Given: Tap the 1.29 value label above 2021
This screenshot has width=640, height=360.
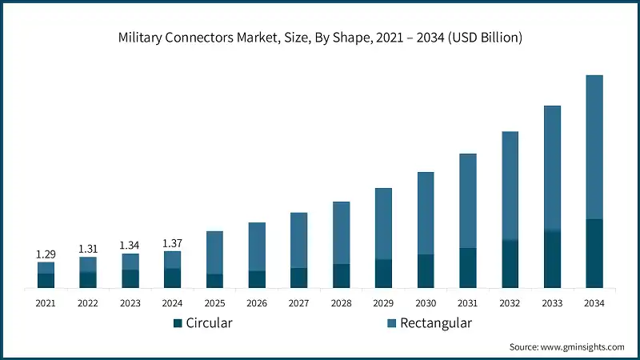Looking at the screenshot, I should click(46, 254).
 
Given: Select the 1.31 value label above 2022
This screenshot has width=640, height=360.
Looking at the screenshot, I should click(88, 249).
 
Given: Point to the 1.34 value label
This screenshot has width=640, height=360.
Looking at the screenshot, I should click(130, 245).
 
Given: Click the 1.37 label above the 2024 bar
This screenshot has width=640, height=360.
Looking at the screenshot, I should click(172, 242).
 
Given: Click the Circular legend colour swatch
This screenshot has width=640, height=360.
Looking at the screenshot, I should click(178, 323).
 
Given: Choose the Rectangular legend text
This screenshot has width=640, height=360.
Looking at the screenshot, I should click(436, 323).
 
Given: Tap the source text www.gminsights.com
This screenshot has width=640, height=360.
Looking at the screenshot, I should click(566, 346).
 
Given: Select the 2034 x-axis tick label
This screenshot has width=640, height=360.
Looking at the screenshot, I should click(594, 303).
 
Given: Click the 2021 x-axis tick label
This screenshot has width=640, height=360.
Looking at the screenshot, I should click(46, 303).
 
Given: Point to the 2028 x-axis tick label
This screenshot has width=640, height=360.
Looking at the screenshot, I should click(341, 303).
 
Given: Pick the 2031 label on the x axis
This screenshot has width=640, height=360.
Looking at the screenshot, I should click(467, 303).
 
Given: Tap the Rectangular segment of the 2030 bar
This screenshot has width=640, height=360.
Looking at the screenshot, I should click(426, 213).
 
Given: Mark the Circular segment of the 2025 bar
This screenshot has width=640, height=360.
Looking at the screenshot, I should click(214, 281).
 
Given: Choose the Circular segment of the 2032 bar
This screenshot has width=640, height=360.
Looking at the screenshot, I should click(510, 264).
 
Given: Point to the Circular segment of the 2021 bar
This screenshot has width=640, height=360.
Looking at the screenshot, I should click(46, 280).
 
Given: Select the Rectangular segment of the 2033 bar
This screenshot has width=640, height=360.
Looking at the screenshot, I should click(552, 168).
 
